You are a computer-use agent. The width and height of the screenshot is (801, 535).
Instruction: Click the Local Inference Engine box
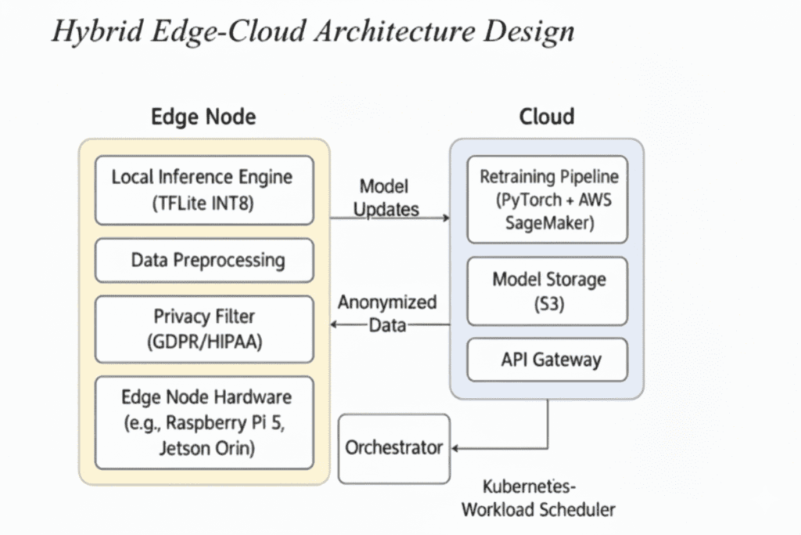pyautogui.click(x=203, y=190)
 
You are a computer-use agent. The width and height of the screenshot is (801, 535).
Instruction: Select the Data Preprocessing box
pyautogui.click(x=203, y=260)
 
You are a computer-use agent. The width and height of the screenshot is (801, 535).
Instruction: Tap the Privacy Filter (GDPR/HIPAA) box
pyautogui.click(x=203, y=329)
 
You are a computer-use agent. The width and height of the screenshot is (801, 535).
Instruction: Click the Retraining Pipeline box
pyautogui.click(x=547, y=199)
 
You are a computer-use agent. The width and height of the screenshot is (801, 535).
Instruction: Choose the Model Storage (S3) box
pyautogui.click(x=547, y=291)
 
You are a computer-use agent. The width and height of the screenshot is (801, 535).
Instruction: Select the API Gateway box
pyautogui.click(x=547, y=360)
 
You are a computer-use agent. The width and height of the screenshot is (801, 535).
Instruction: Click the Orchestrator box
pyautogui.click(x=394, y=449)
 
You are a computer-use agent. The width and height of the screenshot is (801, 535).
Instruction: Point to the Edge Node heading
pyautogui.click(x=203, y=117)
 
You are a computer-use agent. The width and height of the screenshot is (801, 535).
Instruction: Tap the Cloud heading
pyautogui.click(x=547, y=117)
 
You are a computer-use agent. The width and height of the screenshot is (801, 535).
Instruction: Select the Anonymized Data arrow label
pyautogui.click(x=386, y=313)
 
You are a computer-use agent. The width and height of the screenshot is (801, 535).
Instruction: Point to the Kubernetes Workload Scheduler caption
pyautogui.click(x=538, y=498)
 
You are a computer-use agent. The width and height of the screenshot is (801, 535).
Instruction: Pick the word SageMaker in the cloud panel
pyautogui.click(x=547, y=222)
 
